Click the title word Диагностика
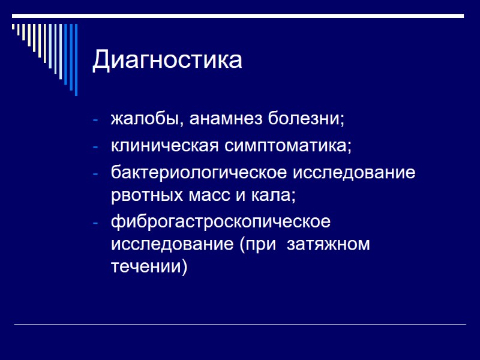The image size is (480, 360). tap(167, 61)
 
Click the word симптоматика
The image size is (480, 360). tap(287, 146)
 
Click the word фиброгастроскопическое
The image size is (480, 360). tap(220, 222)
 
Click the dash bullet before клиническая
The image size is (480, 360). tap(95, 146)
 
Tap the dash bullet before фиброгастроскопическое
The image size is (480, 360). tap(95, 223)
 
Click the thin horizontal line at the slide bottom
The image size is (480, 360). tap(240, 325)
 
